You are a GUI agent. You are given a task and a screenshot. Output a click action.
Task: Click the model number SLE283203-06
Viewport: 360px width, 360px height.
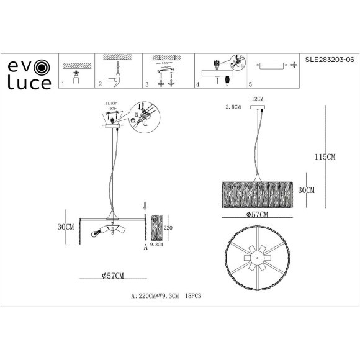[x=329, y=61]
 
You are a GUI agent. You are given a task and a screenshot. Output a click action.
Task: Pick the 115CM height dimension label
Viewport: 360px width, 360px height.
[x=325, y=158]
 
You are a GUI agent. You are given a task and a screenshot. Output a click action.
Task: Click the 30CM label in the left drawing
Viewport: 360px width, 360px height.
[x=65, y=227]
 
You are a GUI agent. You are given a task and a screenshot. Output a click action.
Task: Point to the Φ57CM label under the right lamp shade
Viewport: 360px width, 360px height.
[x=256, y=214]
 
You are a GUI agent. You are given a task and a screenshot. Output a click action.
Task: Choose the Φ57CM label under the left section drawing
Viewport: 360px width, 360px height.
[x=109, y=276]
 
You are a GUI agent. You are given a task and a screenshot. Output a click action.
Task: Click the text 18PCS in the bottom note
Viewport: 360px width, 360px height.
[x=194, y=296]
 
